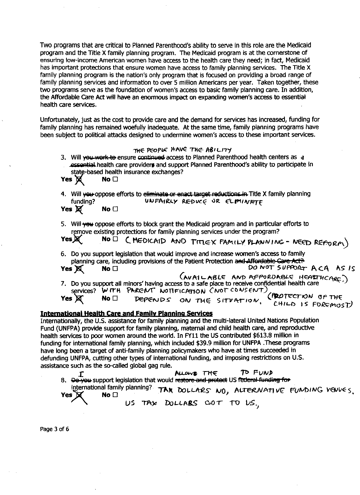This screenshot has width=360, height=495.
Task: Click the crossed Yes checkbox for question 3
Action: click(79, 179)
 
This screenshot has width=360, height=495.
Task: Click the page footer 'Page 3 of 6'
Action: click(54, 429)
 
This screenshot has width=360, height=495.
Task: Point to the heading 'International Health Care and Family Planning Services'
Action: click(126, 313)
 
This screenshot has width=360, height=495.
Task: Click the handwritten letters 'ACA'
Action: click(320, 268)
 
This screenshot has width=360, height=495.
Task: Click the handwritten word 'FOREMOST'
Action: click(333, 305)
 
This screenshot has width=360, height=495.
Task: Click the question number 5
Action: click(63, 224)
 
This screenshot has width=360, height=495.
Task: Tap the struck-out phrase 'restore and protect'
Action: click(201, 380)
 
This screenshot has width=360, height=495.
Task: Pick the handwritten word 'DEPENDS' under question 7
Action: click(152, 300)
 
